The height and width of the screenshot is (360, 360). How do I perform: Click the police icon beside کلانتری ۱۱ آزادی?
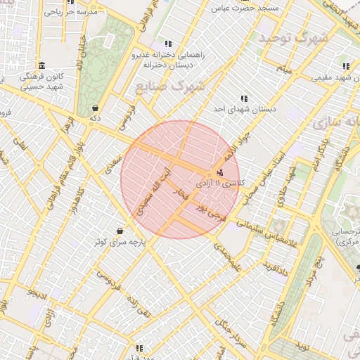[x=221, y=172]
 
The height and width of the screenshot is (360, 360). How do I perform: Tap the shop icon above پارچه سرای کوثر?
[x=120, y=231]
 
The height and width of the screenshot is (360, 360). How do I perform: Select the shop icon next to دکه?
[x=95, y=108]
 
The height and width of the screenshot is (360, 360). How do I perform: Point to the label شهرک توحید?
[x=292, y=39]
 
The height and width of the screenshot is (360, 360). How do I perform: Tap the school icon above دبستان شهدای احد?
[x=244, y=99]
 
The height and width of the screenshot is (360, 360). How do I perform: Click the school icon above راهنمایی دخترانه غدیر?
[x=167, y=44]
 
